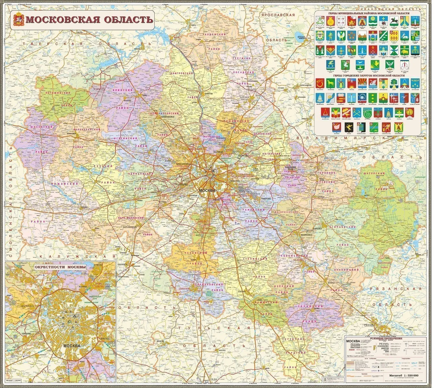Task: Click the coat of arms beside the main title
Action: coord(18,20)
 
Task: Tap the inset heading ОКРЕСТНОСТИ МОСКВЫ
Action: coord(60,267)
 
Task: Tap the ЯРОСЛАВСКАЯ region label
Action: coord(278,15)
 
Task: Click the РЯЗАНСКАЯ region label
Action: coord(396,289)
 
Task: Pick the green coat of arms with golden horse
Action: coord(330,84)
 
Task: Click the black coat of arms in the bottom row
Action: coord(348,127)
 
